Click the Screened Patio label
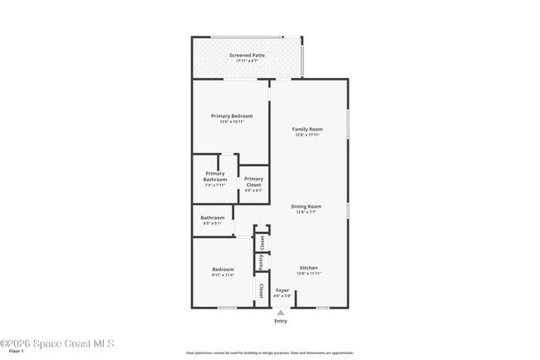[247, 55]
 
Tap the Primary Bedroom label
[231, 116]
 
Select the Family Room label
[307, 129]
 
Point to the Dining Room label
[307, 206]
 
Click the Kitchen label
[308, 268]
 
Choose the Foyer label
[282, 290]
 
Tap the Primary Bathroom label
[214, 176]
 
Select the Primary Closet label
[253, 181]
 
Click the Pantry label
[262, 262]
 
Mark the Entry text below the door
[280, 321]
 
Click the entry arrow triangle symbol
[280, 313]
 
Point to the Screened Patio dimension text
[247, 61]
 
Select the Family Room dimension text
[307, 135]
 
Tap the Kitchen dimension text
[308, 274]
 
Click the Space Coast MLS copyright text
[57, 343]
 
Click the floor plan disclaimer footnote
[269, 353]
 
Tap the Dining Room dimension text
[307, 212]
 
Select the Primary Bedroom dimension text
[231, 121]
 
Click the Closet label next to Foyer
[262, 291]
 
